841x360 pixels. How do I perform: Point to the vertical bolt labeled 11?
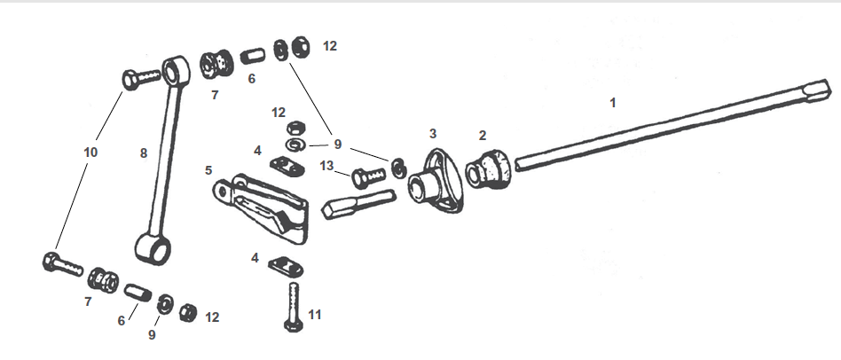tap(294, 307)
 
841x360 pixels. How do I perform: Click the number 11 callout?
tap(316, 313)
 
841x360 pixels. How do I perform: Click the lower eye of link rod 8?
tap(153, 247)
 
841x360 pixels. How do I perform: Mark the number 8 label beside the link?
tap(143, 153)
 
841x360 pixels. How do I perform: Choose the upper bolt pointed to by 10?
tap(139, 79)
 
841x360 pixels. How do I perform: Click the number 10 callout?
tap(90, 153)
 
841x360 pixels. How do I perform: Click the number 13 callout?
tap(328, 166)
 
